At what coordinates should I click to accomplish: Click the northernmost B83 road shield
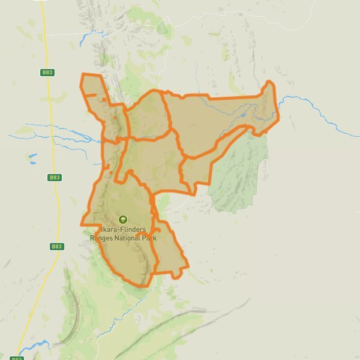pos(47,72)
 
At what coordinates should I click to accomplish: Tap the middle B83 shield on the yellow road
pos(55,178)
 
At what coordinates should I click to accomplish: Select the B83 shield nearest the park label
pos(56,246)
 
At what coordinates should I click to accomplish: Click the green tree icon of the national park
pos(123,220)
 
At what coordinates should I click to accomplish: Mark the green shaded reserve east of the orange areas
pos(240,174)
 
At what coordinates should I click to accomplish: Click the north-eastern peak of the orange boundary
pos(269,82)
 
